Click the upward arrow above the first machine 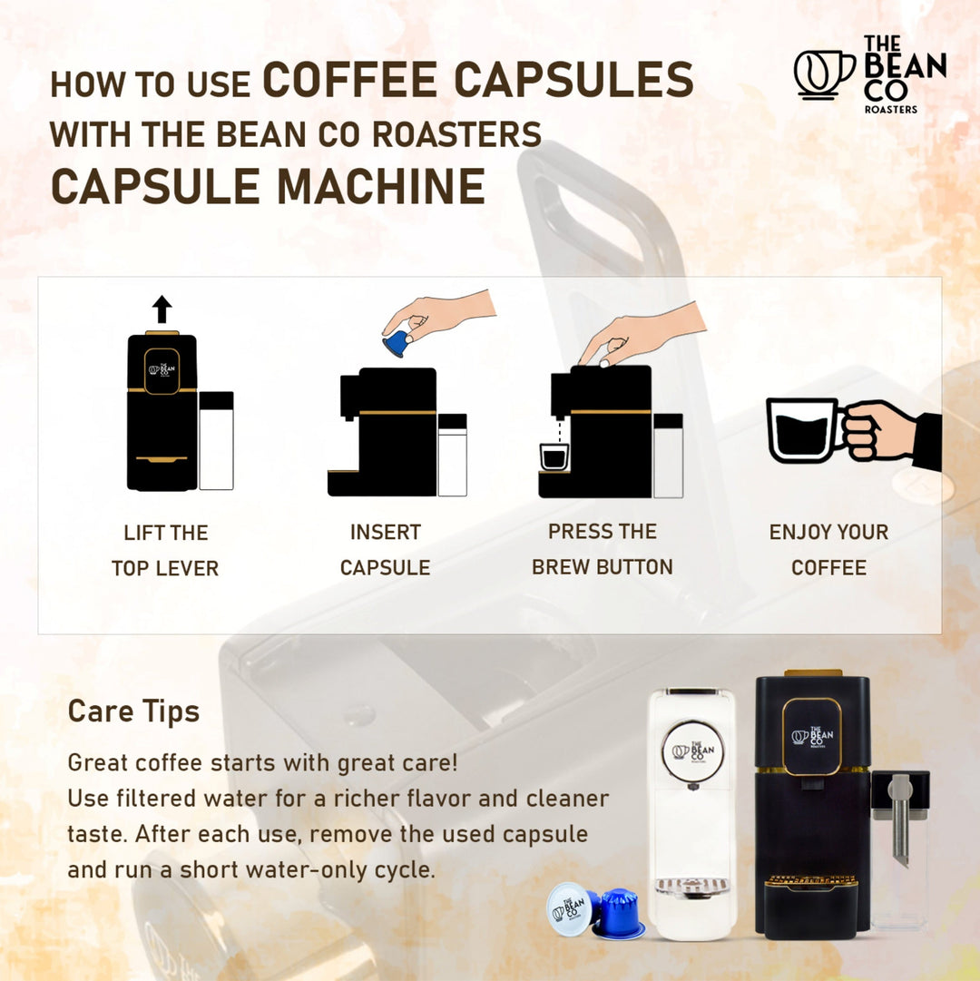point(162,309)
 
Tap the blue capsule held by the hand point(396,343)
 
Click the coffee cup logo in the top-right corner point(823,74)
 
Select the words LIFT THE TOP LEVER point(165,550)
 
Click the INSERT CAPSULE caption point(385,550)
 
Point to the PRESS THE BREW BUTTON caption point(603,549)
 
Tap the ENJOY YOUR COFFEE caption point(828,550)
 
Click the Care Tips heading point(133,711)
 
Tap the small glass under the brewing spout point(554,456)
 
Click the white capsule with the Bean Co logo point(570,907)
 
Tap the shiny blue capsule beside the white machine point(619,915)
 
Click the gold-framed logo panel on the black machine point(811,736)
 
